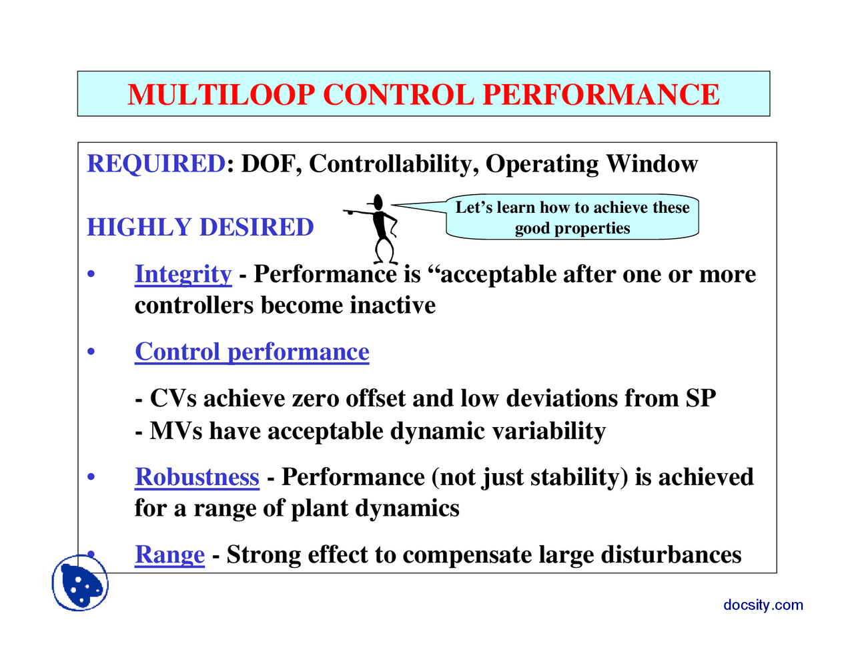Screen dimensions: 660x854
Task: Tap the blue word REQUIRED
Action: coord(156,163)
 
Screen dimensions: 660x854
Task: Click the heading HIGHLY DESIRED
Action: coord(200,228)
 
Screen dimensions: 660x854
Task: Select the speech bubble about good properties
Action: coord(572,218)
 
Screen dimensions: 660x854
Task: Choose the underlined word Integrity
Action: coord(183,274)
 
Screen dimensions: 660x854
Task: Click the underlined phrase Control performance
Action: coord(252,352)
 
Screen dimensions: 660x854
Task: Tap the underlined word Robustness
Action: coord(197,477)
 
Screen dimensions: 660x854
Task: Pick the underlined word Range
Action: coord(169,555)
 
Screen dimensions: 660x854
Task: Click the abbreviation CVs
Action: coord(173,398)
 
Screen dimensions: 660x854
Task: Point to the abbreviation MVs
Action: coord(175,431)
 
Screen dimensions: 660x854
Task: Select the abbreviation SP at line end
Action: coord(701,398)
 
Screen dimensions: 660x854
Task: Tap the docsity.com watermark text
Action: coord(763,605)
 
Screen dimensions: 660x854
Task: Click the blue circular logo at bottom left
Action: coord(80,583)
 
